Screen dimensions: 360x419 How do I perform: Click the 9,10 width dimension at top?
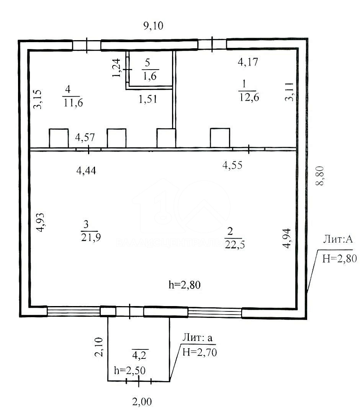(153, 26)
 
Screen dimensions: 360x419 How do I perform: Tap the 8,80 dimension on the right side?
(320, 176)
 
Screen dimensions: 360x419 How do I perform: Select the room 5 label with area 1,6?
(150, 70)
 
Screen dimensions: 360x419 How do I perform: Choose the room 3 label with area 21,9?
(91, 231)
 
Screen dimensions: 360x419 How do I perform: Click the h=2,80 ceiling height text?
(185, 285)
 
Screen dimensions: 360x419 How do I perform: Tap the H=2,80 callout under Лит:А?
(340, 259)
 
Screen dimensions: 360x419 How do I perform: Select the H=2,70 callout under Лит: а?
(199, 352)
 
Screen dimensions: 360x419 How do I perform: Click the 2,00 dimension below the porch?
(142, 402)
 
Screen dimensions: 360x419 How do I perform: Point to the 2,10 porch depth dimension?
(99, 347)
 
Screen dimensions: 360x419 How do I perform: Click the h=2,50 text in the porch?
(130, 371)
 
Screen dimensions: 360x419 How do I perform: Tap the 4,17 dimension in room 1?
(248, 62)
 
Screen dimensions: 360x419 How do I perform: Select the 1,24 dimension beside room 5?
(116, 68)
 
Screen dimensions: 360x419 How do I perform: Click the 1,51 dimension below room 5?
(147, 99)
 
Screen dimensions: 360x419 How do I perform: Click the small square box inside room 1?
(220, 138)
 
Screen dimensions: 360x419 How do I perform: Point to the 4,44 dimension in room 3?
(86, 171)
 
